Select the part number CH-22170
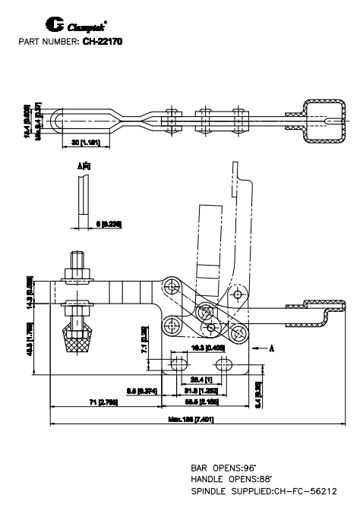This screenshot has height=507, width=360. pos(102,40)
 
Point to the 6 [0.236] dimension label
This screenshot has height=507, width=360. pos(112,224)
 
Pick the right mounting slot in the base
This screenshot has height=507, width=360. pos(225,365)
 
